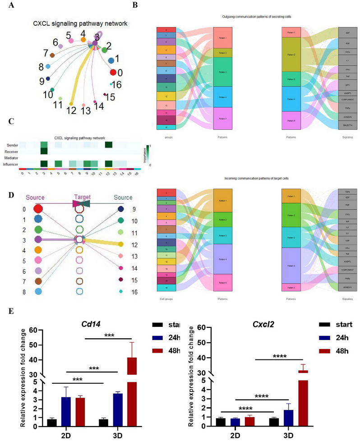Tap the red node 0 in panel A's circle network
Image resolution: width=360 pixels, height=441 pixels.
click(113, 72)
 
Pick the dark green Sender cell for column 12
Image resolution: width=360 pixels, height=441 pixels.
click(109, 144)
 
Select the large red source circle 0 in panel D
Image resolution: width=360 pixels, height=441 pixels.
click(38, 209)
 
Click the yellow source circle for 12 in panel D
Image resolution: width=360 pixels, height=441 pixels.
click(120, 244)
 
